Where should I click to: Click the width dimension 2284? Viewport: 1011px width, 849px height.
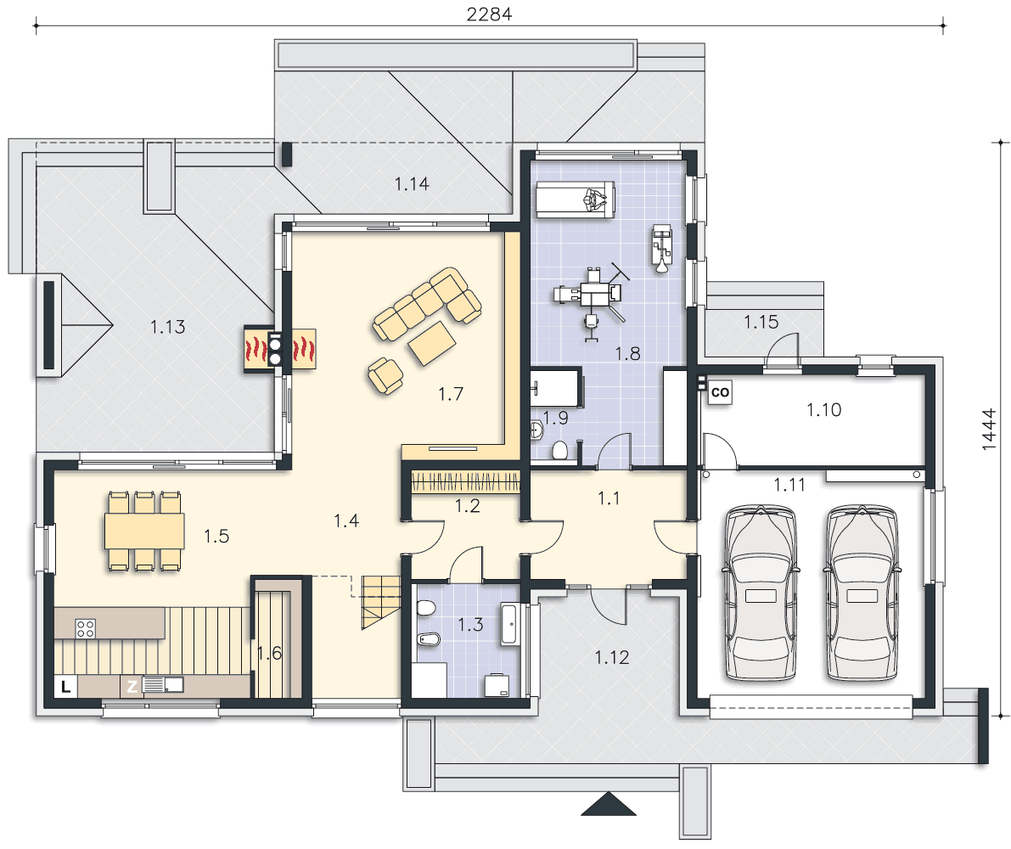[490, 14]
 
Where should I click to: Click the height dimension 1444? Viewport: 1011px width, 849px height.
[989, 430]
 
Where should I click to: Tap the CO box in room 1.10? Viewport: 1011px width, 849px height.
[720, 392]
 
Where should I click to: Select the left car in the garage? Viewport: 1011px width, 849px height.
[761, 593]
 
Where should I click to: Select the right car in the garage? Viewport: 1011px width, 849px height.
[862, 593]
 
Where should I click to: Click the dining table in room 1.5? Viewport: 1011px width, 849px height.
[144, 531]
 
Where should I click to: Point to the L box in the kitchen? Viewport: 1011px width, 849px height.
[65, 687]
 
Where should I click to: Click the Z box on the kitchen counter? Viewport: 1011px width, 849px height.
[132, 687]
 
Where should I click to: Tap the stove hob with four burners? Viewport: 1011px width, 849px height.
[86, 628]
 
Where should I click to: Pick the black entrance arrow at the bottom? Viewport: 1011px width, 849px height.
[608, 805]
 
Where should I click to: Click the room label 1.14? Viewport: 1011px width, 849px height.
[412, 184]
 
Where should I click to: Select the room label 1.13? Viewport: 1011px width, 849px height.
[167, 327]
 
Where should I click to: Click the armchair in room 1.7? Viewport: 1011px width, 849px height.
[385, 375]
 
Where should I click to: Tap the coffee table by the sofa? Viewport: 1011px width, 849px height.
[432, 343]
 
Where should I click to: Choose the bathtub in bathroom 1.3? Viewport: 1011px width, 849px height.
[509, 624]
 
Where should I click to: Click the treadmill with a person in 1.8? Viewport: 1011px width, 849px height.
[576, 200]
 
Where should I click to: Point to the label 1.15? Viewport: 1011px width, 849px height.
[761, 322]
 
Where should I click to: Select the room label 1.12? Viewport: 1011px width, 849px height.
[611, 657]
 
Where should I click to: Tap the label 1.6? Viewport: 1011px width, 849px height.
[269, 654]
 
